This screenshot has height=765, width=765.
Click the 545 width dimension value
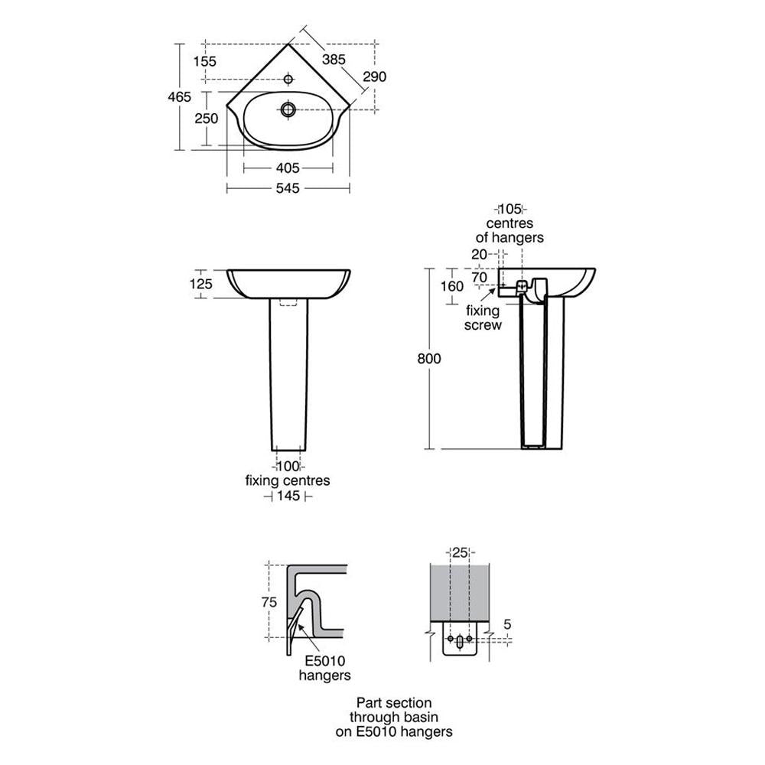coord(288,188)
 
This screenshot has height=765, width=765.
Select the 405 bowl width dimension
coord(288,168)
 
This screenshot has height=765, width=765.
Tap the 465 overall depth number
coord(180,96)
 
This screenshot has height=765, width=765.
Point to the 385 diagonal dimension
coord(334,60)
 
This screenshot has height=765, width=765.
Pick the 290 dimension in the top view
coord(375,76)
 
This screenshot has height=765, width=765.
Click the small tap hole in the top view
coord(288,79)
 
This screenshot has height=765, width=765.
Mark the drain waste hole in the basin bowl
coord(288,109)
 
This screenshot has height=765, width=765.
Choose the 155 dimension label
coord(204,61)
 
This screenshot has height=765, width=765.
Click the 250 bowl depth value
coord(207,118)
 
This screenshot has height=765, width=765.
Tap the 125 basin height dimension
coord(201,284)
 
